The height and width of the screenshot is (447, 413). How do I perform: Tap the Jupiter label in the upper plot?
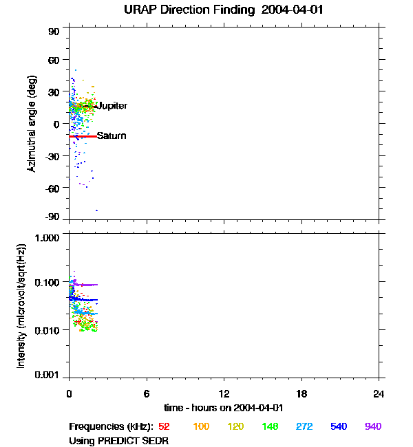click(112, 106)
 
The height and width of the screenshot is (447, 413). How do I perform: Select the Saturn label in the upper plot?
click(112, 136)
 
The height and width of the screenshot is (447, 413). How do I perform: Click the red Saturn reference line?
click(83, 136)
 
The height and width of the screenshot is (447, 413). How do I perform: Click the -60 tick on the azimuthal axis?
click(53, 187)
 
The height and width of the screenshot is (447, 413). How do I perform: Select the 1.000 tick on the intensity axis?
click(49, 237)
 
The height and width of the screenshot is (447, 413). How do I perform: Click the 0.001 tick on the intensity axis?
click(49, 375)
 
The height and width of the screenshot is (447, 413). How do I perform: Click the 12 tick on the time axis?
click(224, 393)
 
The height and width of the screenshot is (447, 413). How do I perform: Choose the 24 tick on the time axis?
click(379, 393)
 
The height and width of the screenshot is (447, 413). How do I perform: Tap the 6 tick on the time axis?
click(147, 393)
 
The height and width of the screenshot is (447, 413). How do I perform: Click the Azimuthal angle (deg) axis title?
click(32, 124)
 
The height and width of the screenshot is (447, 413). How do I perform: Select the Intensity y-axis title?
click(21, 305)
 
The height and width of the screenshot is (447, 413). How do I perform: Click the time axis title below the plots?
click(224, 407)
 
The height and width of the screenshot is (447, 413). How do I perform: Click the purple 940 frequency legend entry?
click(373, 427)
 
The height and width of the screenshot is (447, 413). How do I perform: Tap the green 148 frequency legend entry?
click(270, 427)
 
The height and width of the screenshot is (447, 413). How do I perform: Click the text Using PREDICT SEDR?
click(119, 440)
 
